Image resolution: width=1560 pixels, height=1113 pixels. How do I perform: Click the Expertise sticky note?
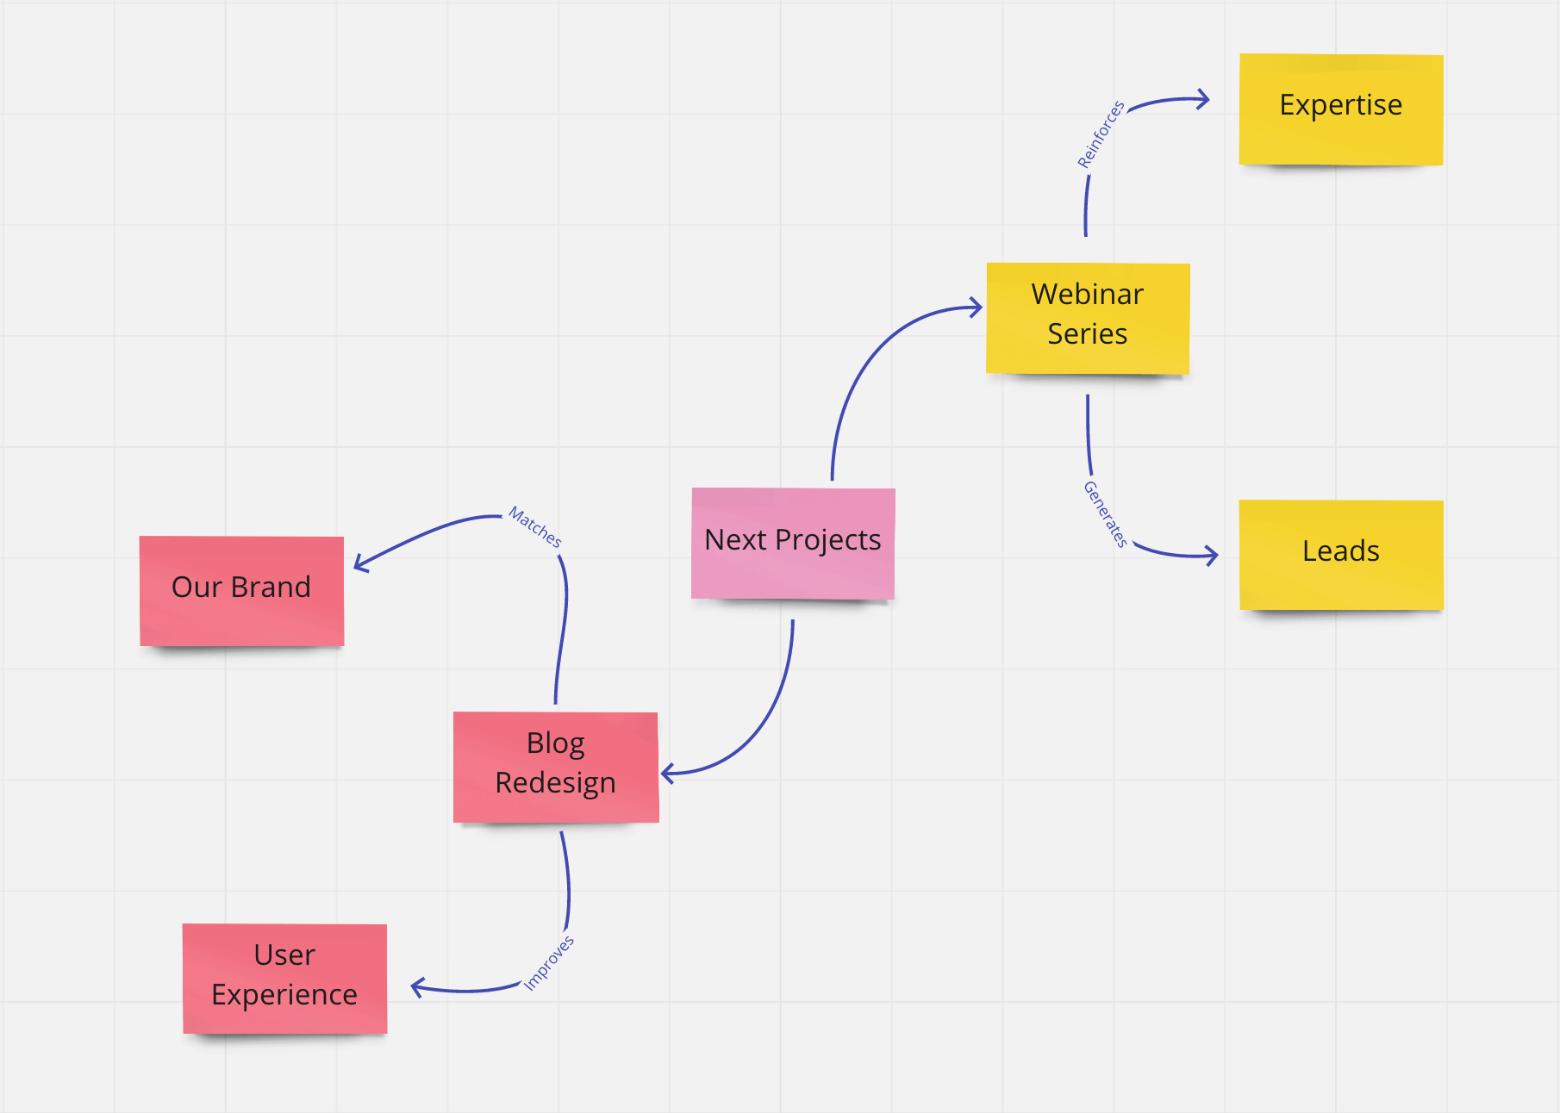click(1341, 109)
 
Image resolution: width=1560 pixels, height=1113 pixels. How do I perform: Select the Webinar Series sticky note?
click(1088, 319)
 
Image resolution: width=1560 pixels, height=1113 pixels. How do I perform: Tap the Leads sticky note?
click(1341, 555)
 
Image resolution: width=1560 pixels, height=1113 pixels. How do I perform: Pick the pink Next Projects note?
click(793, 544)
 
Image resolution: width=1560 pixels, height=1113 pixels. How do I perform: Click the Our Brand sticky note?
click(242, 591)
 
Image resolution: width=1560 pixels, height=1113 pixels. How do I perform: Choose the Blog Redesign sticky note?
click(556, 767)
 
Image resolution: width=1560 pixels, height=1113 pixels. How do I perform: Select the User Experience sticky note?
click(284, 979)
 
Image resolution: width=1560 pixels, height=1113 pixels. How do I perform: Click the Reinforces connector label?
click(1101, 134)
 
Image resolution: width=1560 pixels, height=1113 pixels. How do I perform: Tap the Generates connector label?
click(1106, 514)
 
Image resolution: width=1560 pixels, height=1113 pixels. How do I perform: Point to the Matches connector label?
click(535, 526)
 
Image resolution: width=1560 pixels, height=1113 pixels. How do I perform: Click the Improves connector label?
click(549, 963)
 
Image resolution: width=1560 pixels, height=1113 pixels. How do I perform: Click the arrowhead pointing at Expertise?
click(1204, 100)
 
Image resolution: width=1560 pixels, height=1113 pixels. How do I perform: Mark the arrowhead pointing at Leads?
click(1212, 556)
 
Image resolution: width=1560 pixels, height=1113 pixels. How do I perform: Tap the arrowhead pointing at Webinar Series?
click(977, 308)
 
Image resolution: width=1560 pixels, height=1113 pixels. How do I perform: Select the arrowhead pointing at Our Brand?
click(360, 563)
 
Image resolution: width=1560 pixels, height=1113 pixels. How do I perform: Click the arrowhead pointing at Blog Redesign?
click(666, 773)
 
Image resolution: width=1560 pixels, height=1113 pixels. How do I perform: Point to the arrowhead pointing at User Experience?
click(417, 987)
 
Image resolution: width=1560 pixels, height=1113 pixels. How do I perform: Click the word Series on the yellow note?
click(1088, 334)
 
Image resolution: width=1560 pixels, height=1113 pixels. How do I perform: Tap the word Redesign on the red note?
click(556, 783)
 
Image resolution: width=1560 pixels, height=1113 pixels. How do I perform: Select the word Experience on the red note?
click(284, 995)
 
